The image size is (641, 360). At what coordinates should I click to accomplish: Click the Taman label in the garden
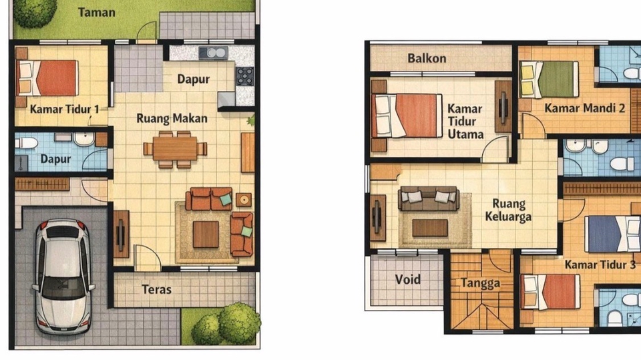96,12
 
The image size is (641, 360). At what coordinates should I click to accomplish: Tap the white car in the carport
63,277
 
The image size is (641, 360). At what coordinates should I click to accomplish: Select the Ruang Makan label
172,118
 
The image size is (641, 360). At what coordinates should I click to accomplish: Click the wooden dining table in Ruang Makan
175,148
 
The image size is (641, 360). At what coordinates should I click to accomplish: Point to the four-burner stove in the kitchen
245,76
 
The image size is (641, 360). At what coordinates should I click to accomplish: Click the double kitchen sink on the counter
213,53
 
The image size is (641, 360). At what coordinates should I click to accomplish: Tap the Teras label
156,290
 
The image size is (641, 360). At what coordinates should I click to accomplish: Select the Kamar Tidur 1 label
64,110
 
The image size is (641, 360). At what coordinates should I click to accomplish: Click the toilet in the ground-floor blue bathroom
27,143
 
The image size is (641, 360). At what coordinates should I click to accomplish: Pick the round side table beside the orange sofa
244,200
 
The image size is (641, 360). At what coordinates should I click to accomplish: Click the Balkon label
427,58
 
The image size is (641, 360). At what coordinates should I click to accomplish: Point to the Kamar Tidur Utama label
465,122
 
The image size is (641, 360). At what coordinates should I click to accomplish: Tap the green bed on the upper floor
549,79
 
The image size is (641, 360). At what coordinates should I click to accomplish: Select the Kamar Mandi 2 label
585,108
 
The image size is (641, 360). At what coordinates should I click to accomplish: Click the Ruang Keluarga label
508,210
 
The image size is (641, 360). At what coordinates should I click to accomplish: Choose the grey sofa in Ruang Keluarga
429,198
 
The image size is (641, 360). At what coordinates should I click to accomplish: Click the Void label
407,279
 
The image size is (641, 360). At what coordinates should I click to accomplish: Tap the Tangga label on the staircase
480,283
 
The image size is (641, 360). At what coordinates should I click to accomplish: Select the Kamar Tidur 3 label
600,264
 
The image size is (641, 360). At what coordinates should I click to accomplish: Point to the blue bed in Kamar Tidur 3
612,234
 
